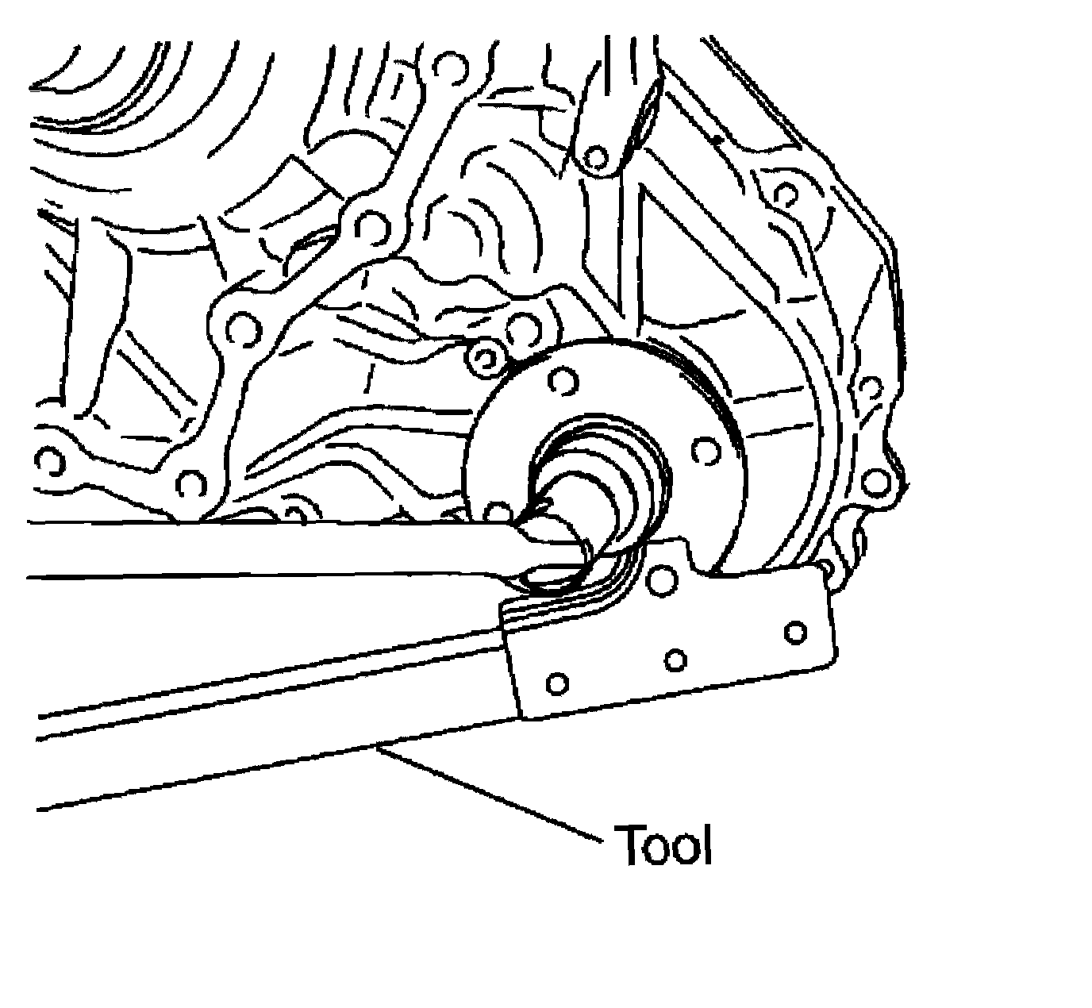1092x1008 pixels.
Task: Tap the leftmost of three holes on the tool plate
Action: [x=557, y=683]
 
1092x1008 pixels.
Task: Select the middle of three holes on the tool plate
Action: [x=675, y=660]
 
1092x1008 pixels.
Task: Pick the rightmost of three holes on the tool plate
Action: [x=795, y=633]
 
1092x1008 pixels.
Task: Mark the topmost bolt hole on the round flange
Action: [x=563, y=383]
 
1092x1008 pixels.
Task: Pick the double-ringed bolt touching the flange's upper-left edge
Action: [x=483, y=360]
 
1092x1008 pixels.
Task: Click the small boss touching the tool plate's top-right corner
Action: [x=825, y=568]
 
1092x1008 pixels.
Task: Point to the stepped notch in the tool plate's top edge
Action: [x=698, y=560]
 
